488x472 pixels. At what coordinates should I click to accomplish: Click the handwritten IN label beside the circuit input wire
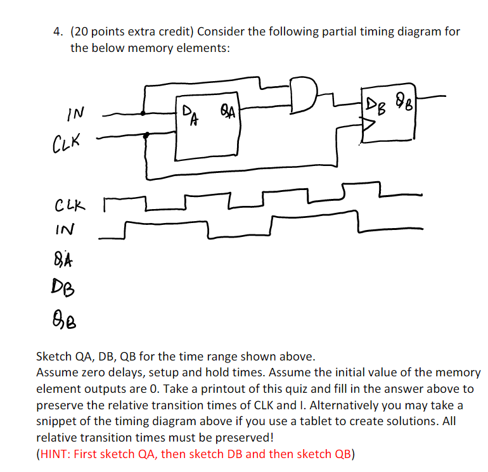[75, 115]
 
